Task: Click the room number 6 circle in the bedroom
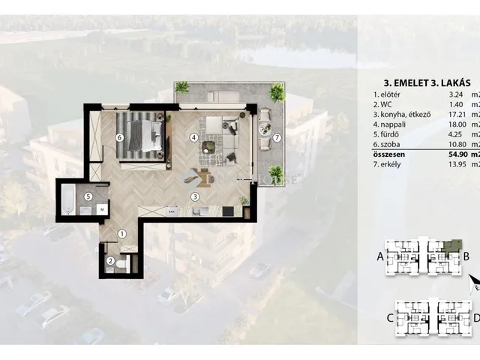120,137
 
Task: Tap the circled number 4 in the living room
193,137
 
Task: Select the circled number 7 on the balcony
277,138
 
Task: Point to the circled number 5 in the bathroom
88,196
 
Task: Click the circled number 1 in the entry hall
122,234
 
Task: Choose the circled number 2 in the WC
110,261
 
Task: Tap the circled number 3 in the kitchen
195,196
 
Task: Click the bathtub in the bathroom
68,199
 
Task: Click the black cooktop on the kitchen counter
228,211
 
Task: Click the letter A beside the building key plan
380,256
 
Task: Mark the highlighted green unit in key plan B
452,247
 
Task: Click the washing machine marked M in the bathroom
102,210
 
